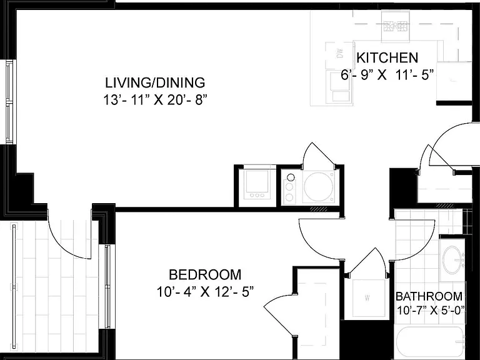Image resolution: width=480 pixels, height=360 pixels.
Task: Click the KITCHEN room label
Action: click(387, 58)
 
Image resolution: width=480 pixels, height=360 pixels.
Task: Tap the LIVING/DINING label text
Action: click(155, 82)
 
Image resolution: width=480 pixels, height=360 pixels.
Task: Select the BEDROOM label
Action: click(205, 274)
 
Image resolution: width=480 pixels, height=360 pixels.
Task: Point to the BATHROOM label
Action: click(429, 296)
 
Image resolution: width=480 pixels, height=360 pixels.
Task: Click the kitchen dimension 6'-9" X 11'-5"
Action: click(387, 75)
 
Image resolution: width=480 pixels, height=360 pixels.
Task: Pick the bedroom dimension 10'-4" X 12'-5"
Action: click(206, 291)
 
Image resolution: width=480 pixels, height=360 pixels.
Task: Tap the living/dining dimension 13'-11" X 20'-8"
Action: click(153, 100)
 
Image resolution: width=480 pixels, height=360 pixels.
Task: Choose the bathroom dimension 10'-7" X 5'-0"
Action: click(431, 311)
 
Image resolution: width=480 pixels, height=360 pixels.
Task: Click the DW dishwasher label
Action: click(340, 54)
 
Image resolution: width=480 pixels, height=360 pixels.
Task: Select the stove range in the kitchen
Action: click(396, 26)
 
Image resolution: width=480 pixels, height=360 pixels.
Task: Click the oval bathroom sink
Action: click(451, 260)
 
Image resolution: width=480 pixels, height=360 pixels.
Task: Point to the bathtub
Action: click(430, 343)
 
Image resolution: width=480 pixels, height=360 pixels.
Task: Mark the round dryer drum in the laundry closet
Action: click(318, 186)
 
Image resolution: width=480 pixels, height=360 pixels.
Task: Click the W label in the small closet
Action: click(367, 297)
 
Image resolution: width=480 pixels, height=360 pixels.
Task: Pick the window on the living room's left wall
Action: click(11, 102)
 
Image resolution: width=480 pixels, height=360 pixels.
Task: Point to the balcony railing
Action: click(14, 286)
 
